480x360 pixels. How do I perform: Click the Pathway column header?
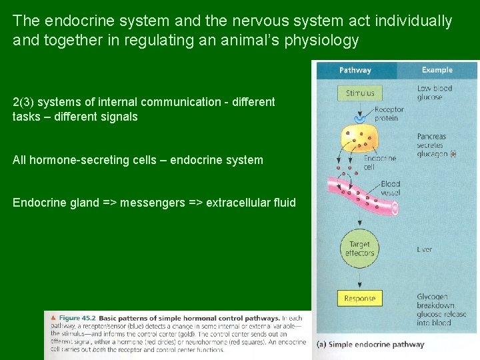coord(355,70)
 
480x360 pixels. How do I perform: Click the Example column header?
coord(437,70)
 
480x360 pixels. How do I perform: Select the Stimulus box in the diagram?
coord(360,93)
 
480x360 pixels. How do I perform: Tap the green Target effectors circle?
coord(359,249)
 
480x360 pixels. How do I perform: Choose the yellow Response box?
coord(360,299)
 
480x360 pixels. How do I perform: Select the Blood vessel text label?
coord(391,188)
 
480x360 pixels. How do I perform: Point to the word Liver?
coord(425,249)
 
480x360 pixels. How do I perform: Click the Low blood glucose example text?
coord(434,93)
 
